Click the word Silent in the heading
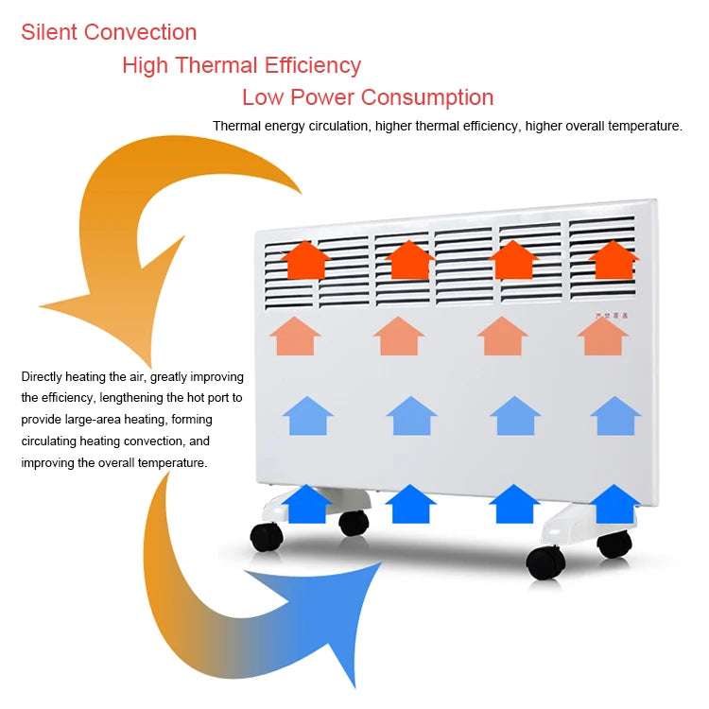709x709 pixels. (49, 32)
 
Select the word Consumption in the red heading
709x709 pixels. (428, 97)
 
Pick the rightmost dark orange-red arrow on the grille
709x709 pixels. (614, 259)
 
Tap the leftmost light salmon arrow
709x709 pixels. (295, 336)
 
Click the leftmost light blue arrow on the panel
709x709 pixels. (308, 416)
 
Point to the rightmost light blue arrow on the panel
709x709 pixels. (615, 416)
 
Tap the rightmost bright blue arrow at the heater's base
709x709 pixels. (615, 504)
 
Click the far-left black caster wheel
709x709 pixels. (266, 538)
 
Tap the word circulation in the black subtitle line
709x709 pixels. (335, 126)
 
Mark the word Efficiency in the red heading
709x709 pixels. (314, 65)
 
